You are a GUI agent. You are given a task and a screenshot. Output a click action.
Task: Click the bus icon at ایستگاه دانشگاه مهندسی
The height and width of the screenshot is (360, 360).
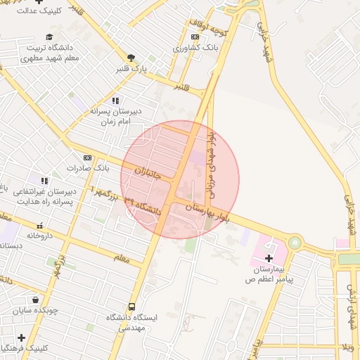pyautogui.click(x=131, y=307)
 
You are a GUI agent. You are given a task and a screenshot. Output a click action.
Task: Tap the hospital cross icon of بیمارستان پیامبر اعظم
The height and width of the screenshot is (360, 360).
pyautogui.click(x=269, y=259)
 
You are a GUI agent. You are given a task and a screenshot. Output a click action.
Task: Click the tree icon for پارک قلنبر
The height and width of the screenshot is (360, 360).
pyautogui.click(x=131, y=58)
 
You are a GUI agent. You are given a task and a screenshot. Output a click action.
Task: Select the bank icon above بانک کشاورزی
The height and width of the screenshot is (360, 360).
pyautogui.click(x=195, y=37)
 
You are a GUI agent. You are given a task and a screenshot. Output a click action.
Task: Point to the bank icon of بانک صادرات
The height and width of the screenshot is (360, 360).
pyautogui.click(x=87, y=157)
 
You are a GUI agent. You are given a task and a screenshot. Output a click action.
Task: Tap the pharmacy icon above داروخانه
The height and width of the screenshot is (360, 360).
pyautogui.click(x=40, y=226)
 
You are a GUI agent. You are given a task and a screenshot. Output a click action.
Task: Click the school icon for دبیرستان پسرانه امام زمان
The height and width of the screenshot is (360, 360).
pyautogui.click(x=115, y=101)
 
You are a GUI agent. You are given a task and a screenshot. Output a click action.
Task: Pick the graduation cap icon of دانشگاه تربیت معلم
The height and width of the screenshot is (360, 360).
pyautogui.click(x=49, y=37)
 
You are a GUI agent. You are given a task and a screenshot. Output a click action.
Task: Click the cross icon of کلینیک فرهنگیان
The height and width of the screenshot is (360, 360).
pyautogui.click(x=21, y=337)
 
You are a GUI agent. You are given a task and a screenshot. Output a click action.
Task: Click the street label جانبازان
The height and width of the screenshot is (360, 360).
pyautogui.click(x=148, y=171)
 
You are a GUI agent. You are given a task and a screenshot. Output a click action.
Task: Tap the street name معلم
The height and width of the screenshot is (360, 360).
pyautogui.click(x=122, y=259)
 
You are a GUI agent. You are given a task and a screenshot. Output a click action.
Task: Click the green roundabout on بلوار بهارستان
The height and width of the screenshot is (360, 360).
pyautogui.click(x=294, y=243)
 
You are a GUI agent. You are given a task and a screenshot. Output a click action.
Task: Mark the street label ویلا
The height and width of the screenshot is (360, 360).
pyautogui.click(x=347, y=347)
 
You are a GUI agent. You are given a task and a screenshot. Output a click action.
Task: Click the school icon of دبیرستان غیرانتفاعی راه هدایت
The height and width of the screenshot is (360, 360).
pyautogui.click(x=44, y=181)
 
